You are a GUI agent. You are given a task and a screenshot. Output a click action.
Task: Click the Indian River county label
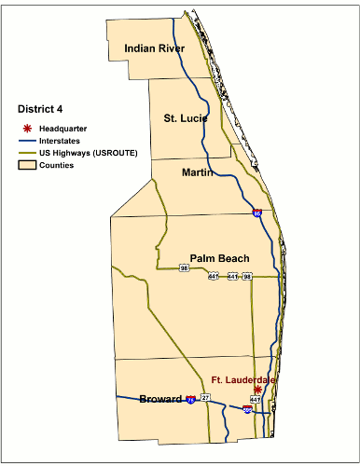[x=154, y=48]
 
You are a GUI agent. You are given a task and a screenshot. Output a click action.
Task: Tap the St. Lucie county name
[x=184, y=118]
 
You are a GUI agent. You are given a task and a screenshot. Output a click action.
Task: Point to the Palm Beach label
[x=222, y=257]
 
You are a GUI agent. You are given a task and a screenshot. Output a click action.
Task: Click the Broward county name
[x=159, y=399]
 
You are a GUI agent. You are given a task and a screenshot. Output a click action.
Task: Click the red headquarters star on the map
[x=257, y=390]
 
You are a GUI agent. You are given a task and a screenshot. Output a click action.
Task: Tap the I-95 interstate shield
[x=256, y=213]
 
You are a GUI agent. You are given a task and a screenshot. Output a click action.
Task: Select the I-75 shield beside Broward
[x=191, y=399]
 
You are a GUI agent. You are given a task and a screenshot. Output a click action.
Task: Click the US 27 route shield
[x=206, y=398]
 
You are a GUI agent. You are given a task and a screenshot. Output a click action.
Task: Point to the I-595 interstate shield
[x=247, y=409]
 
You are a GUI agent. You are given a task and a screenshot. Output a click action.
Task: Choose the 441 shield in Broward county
[x=254, y=399]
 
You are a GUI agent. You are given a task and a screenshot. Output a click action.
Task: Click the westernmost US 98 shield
[x=185, y=268]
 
